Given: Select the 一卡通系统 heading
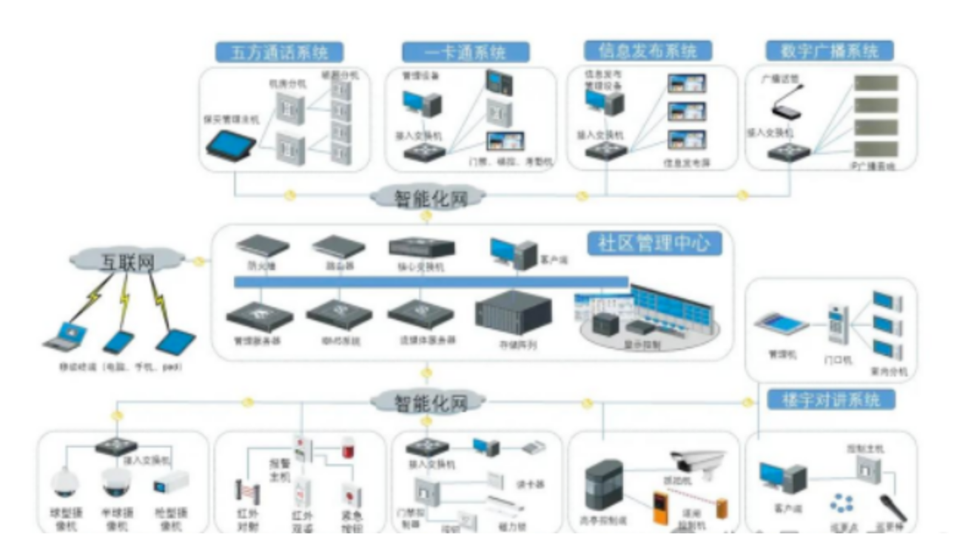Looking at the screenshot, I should click(466, 53).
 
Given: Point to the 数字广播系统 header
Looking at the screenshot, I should click(830, 51).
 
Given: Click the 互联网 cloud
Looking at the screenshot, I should click(127, 260).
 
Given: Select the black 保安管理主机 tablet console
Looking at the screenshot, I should click(230, 144).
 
